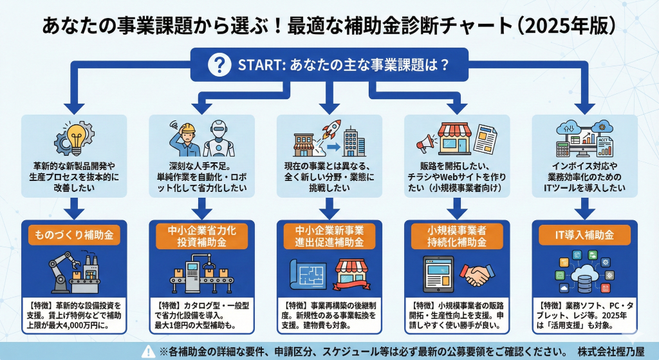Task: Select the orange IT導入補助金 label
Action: click(x=585, y=236)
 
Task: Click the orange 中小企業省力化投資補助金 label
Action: click(x=202, y=236)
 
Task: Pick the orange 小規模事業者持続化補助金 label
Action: click(x=458, y=236)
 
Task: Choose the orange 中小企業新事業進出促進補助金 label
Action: click(x=329, y=236)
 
